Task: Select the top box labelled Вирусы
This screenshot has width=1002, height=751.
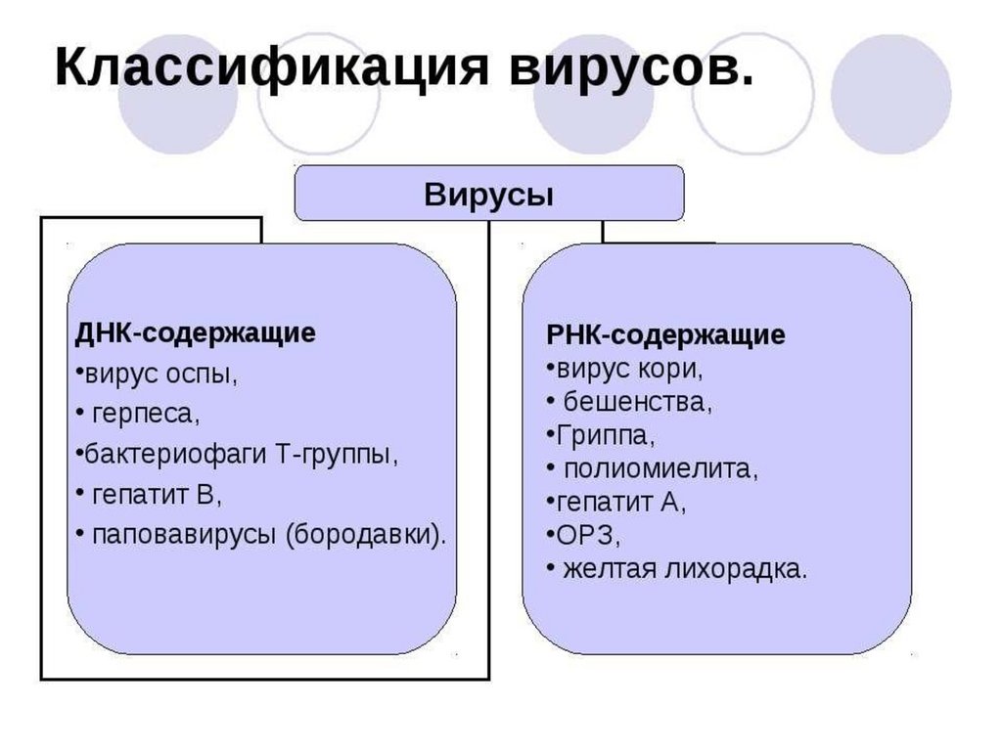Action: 489,194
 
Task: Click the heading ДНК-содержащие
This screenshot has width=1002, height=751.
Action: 196,333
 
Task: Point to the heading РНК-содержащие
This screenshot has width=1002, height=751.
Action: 665,335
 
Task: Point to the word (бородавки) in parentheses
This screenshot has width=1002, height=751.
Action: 367,535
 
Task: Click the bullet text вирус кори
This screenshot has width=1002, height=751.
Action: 627,370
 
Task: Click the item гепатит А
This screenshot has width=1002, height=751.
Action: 621,502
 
